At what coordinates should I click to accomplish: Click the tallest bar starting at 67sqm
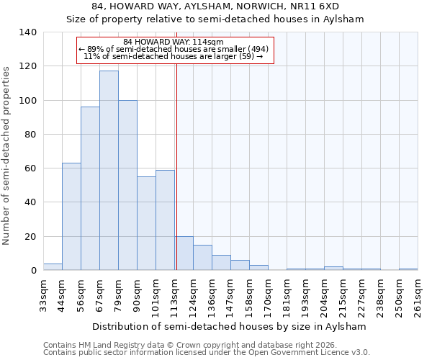tap(109, 171)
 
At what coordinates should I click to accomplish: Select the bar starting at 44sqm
tap(71, 216)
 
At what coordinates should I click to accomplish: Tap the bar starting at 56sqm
tap(90, 189)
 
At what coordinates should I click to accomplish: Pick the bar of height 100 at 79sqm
tap(127, 185)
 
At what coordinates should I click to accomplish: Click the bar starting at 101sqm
tap(165, 220)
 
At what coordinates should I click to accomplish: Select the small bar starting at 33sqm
tap(53, 267)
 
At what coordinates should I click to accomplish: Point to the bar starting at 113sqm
tap(184, 253)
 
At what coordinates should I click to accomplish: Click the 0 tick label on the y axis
tap(33, 271)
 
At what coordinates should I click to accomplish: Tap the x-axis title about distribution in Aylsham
tap(230, 326)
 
